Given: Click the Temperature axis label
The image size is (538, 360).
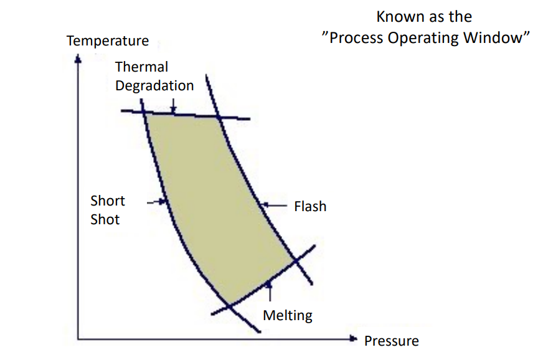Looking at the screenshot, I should click(108, 41).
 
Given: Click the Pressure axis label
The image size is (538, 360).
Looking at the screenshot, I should click(391, 341).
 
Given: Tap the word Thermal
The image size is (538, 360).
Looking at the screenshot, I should click(141, 67).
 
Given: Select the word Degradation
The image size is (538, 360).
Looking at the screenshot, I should click(154, 85).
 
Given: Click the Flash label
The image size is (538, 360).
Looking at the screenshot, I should click(310, 206).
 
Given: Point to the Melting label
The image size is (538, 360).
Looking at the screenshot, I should click(288, 315).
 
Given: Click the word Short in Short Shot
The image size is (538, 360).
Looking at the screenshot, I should click(108, 201).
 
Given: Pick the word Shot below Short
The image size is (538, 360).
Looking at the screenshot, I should click(105, 219).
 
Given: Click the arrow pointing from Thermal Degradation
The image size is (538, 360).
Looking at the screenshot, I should click(174, 106).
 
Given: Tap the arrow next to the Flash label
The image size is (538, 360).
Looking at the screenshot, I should click(274, 204).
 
